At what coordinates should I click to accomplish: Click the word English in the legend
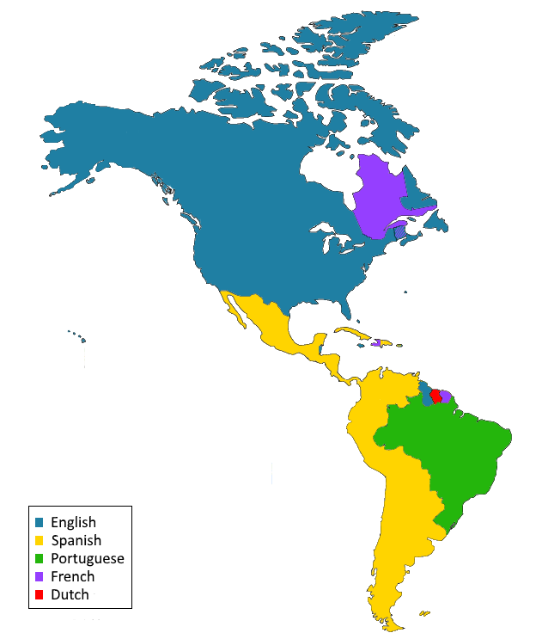(x=73, y=522)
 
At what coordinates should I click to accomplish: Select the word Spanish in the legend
(x=76, y=540)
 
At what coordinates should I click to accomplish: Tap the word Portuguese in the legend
(x=87, y=558)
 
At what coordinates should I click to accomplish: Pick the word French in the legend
(x=72, y=576)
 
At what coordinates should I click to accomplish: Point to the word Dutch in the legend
(x=70, y=594)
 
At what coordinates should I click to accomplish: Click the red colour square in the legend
(x=40, y=595)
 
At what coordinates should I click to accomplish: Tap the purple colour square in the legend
(x=40, y=577)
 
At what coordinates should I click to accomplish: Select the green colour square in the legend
(x=40, y=559)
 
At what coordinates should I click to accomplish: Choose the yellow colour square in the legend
(x=40, y=541)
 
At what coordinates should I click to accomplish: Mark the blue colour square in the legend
(x=40, y=523)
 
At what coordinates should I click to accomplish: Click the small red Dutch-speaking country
(x=435, y=396)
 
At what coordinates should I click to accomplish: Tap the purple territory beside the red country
(x=445, y=396)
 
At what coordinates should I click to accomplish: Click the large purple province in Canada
(x=378, y=198)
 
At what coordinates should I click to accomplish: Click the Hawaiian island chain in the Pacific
(x=77, y=336)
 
